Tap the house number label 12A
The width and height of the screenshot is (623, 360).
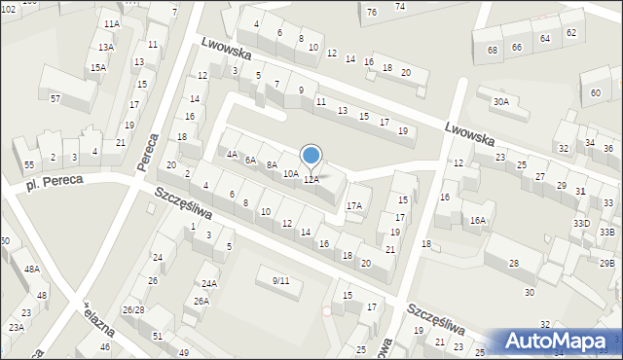[311, 180]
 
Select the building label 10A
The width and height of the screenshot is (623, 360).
[290, 173]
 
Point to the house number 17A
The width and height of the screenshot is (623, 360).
[354, 205]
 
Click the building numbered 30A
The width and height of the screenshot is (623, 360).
[500, 101]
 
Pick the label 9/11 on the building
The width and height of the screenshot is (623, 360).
[281, 280]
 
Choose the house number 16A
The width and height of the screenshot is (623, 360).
[478, 221]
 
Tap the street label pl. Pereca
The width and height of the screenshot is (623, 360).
[55, 181]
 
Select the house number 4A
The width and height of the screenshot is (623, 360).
[232, 154]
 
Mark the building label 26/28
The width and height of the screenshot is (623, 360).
[133, 309]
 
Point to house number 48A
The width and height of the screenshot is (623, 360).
[32, 269]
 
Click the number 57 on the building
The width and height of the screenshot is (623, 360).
[55, 99]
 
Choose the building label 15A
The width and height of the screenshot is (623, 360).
[98, 67]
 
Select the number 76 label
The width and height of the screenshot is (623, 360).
[372, 12]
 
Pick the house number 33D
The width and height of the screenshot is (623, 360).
[581, 223]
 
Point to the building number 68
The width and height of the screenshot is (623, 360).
[493, 50]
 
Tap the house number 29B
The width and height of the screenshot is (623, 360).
[606, 264]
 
